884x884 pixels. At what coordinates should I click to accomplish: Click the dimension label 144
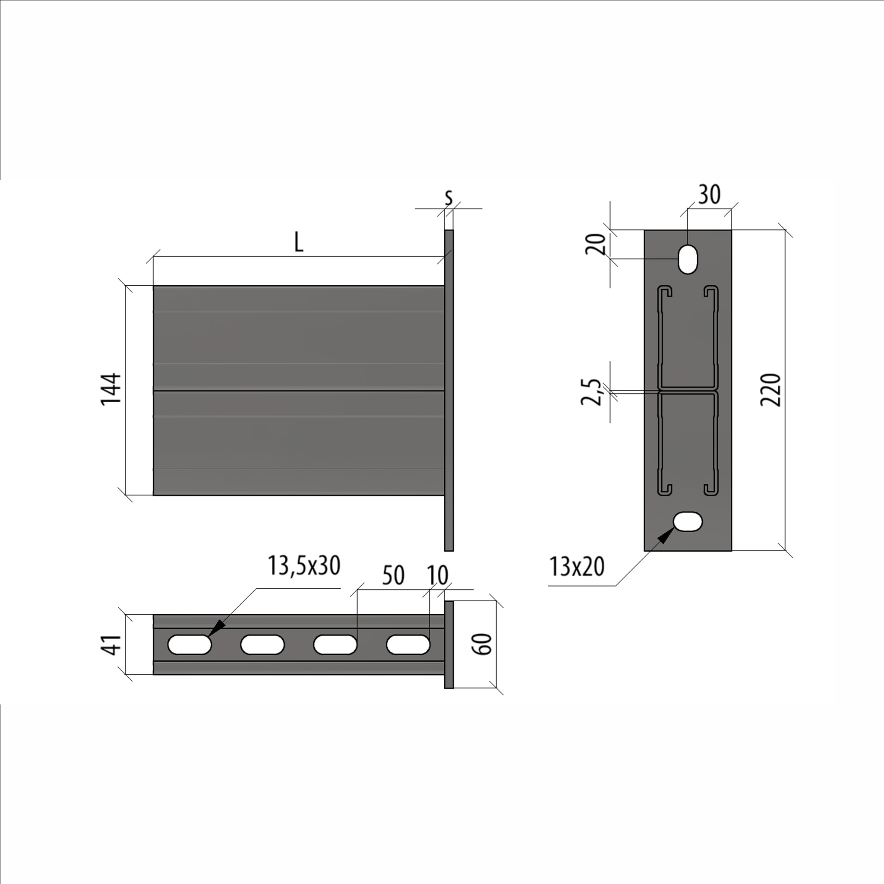[111, 389]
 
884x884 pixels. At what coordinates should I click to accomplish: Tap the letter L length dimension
[298, 242]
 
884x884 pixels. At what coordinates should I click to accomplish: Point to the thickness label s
[448, 198]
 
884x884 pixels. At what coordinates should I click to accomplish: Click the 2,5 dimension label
[590, 392]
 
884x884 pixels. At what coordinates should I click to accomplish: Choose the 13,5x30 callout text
[304, 565]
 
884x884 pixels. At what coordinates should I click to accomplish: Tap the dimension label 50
[393, 576]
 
